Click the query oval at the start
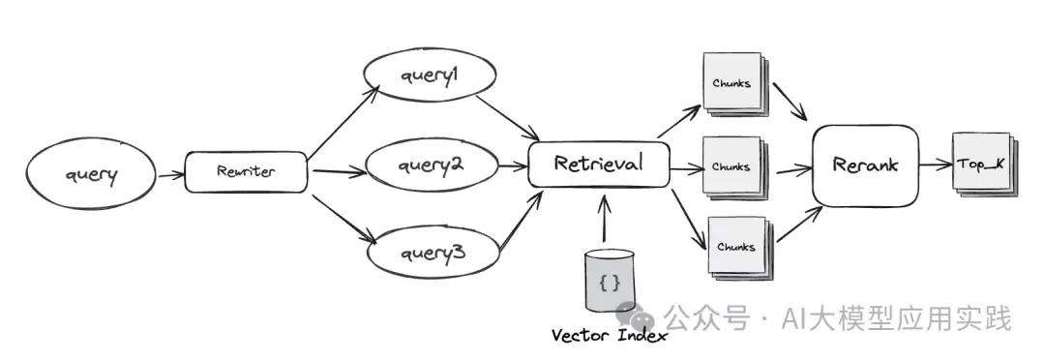(x=91, y=172)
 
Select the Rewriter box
(x=246, y=172)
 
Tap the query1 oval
(x=430, y=76)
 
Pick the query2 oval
(x=433, y=165)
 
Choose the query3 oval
(x=433, y=253)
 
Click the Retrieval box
(x=599, y=164)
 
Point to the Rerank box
(x=865, y=165)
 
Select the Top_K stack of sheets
(x=985, y=164)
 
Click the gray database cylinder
(x=610, y=280)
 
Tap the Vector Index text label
(x=610, y=336)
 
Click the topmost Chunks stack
(x=735, y=85)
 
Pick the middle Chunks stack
(x=735, y=168)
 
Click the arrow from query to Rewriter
(x=170, y=174)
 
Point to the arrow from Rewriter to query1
(x=343, y=121)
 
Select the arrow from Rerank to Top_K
(x=936, y=165)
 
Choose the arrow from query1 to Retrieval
(x=508, y=117)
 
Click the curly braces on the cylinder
(x=610, y=284)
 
